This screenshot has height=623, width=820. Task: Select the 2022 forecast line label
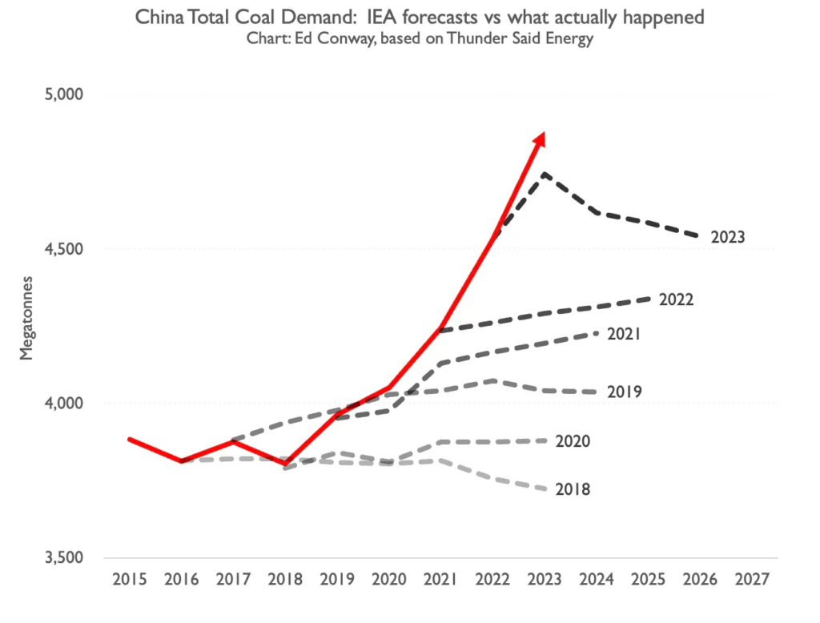click(x=676, y=299)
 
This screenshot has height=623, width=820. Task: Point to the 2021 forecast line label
click(x=624, y=333)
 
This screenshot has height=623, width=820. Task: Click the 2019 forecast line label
click(x=624, y=392)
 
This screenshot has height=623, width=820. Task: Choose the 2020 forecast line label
click(x=573, y=441)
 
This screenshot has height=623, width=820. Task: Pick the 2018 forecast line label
click(x=573, y=488)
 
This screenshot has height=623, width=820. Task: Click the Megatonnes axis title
click(x=27, y=327)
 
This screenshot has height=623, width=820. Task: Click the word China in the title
click(x=157, y=17)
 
